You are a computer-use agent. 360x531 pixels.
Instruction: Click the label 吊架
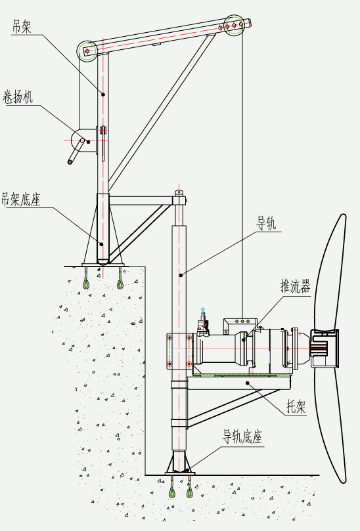[x=22, y=26]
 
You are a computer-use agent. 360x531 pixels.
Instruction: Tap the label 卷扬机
[x=18, y=97]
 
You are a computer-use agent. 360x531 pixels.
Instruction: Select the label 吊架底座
[x=21, y=199]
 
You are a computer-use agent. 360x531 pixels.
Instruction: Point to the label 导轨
[x=267, y=223]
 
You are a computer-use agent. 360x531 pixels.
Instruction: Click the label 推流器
[x=295, y=286]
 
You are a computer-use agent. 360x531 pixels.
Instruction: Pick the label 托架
[x=296, y=406]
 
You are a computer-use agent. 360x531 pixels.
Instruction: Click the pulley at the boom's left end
[x=87, y=51]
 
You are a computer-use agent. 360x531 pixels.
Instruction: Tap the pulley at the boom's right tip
[x=234, y=25]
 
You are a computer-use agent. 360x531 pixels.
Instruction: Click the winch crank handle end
[x=70, y=162]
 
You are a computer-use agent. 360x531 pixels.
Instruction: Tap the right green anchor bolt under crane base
[x=120, y=279]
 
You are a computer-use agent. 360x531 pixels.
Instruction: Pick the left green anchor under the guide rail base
[x=173, y=487]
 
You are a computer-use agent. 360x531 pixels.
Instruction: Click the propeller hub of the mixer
[x=325, y=348]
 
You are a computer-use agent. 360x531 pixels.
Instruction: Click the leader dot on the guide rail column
[x=181, y=275]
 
